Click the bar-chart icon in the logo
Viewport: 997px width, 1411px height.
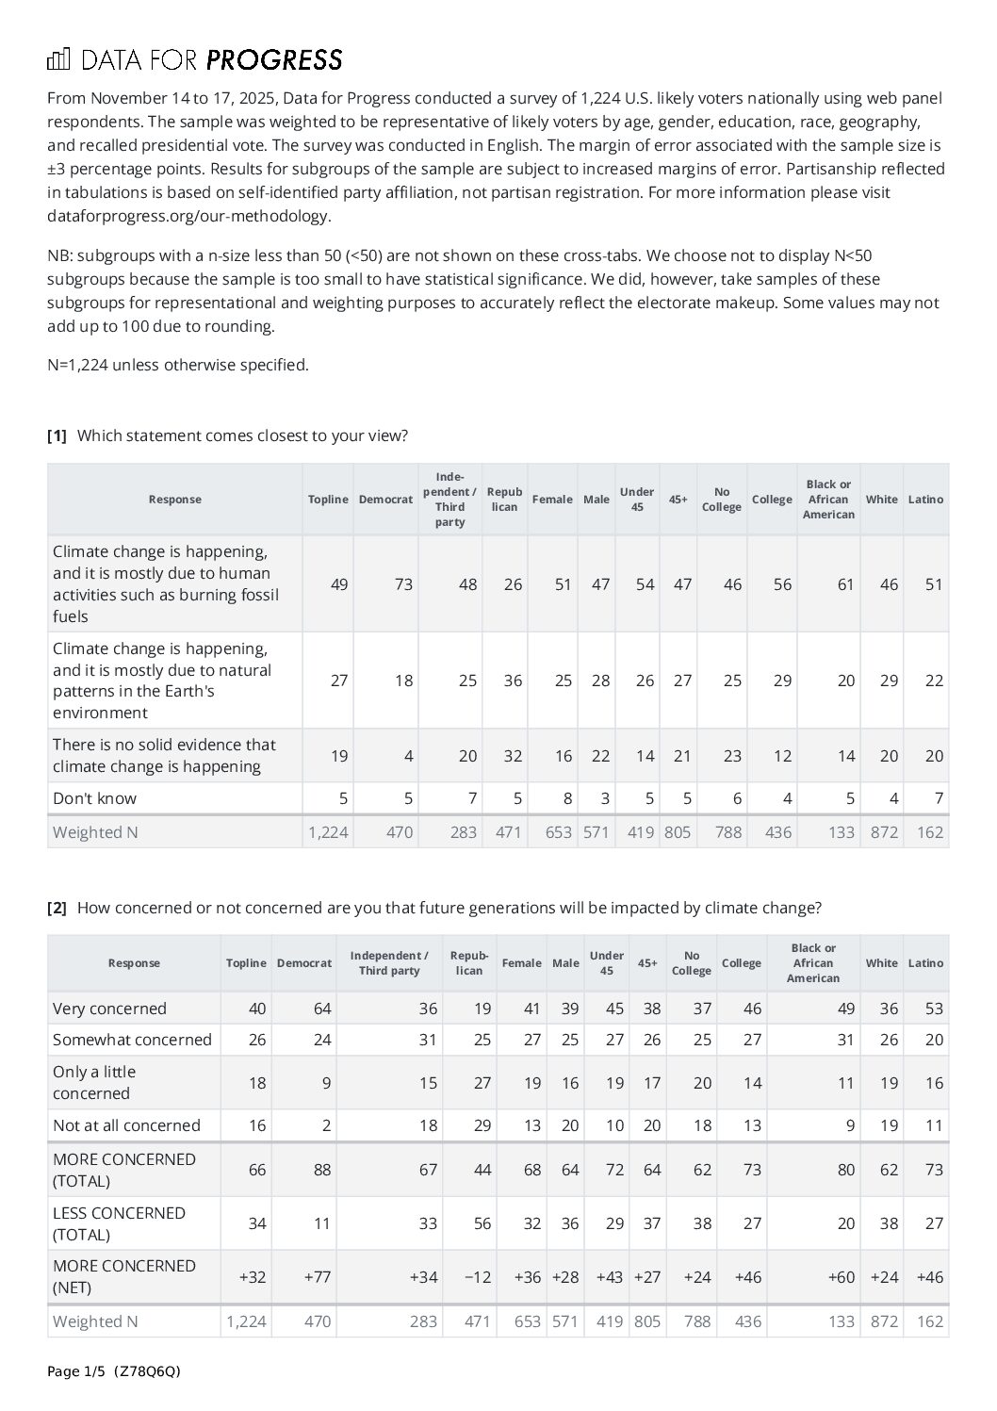[x=58, y=60]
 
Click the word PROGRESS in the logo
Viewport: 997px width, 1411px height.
[x=273, y=60]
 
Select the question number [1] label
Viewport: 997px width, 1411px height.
[x=57, y=435]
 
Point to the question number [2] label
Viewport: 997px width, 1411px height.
[x=57, y=908]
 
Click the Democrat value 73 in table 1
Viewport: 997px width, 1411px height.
[x=403, y=584]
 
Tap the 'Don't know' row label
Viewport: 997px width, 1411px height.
[x=94, y=798]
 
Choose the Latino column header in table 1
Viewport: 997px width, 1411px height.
[x=925, y=500]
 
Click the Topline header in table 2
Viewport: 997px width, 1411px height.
[x=246, y=963]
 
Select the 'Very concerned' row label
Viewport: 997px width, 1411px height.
[x=109, y=1009]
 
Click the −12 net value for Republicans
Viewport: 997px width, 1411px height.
[x=478, y=1277]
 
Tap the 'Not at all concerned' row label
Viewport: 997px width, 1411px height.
[x=126, y=1125]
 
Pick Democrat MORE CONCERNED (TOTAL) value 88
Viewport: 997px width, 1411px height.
[x=321, y=1170]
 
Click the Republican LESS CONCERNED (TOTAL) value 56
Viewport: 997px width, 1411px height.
[x=482, y=1223]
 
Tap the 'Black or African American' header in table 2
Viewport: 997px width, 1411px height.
[x=813, y=963]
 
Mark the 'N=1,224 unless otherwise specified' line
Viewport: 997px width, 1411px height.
[x=178, y=365]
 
